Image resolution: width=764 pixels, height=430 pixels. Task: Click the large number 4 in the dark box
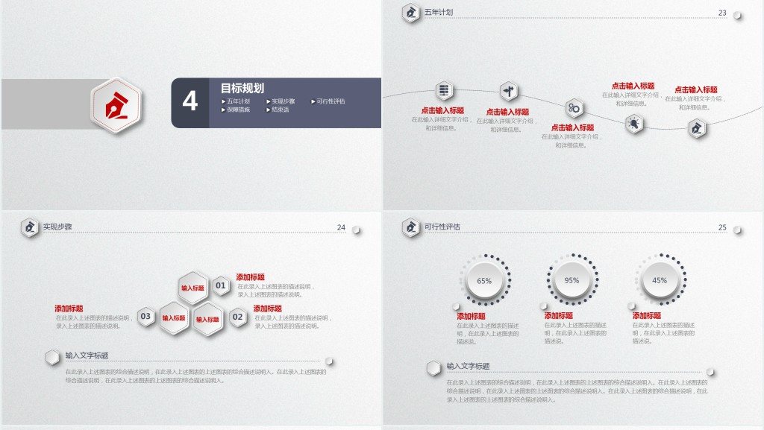[x=190, y=101]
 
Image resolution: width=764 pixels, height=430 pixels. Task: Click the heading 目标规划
[x=242, y=88]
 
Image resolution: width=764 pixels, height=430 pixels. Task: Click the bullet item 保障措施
[x=238, y=110]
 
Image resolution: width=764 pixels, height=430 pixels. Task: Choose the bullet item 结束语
[x=280, y=110]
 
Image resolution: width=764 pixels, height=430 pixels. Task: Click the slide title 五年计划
[x=438, y=13]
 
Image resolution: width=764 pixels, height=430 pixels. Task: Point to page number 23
[x=722, y=13]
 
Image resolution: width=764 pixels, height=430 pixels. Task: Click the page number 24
[x=341, y=227]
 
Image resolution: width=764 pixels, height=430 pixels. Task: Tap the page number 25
[x=722, y=227]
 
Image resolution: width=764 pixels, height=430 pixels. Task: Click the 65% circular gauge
[x=484, y=281]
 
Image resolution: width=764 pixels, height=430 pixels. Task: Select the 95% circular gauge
[x=572, y=281]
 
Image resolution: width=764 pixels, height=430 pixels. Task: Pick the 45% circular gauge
[x=660, y=281]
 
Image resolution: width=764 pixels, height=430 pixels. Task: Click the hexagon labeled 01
[x=220, y=285]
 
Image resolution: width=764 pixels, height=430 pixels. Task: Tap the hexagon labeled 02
[x=238, y=317]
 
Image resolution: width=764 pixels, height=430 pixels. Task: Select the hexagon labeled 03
[x=146, y=317]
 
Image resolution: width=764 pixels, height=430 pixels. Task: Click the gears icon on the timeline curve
[x=574, y=108]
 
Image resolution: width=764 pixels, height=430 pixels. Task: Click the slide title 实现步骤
[x=57, y=227]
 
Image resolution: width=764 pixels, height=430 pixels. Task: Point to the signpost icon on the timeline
[x=510, y=92]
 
